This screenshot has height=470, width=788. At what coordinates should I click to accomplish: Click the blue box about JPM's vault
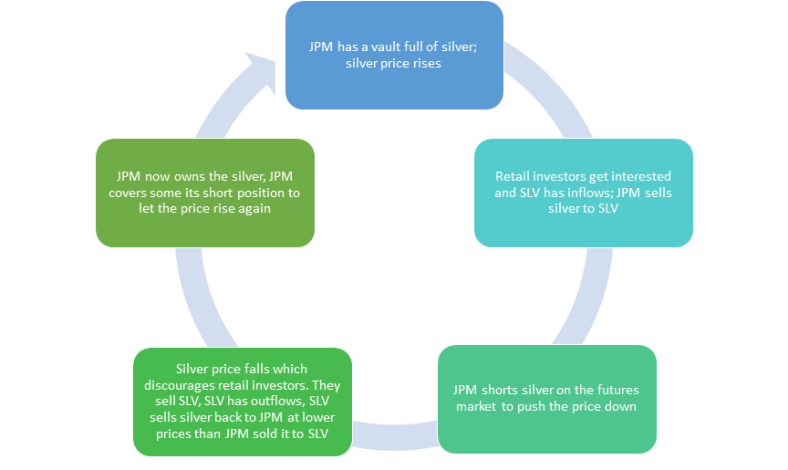coord(394,55)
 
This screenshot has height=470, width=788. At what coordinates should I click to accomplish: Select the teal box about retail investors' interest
coord(583,193)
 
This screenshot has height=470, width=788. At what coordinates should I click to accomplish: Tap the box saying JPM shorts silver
coord(547,399)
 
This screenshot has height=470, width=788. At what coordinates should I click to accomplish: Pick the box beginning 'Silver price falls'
coord(242,402)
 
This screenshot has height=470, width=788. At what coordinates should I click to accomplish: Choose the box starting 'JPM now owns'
coord(205,193)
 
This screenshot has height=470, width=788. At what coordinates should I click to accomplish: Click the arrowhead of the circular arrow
coord(262,68)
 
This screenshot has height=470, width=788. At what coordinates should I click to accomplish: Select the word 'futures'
coord(594,390)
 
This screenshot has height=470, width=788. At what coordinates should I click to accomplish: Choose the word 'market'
coord(475,406)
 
